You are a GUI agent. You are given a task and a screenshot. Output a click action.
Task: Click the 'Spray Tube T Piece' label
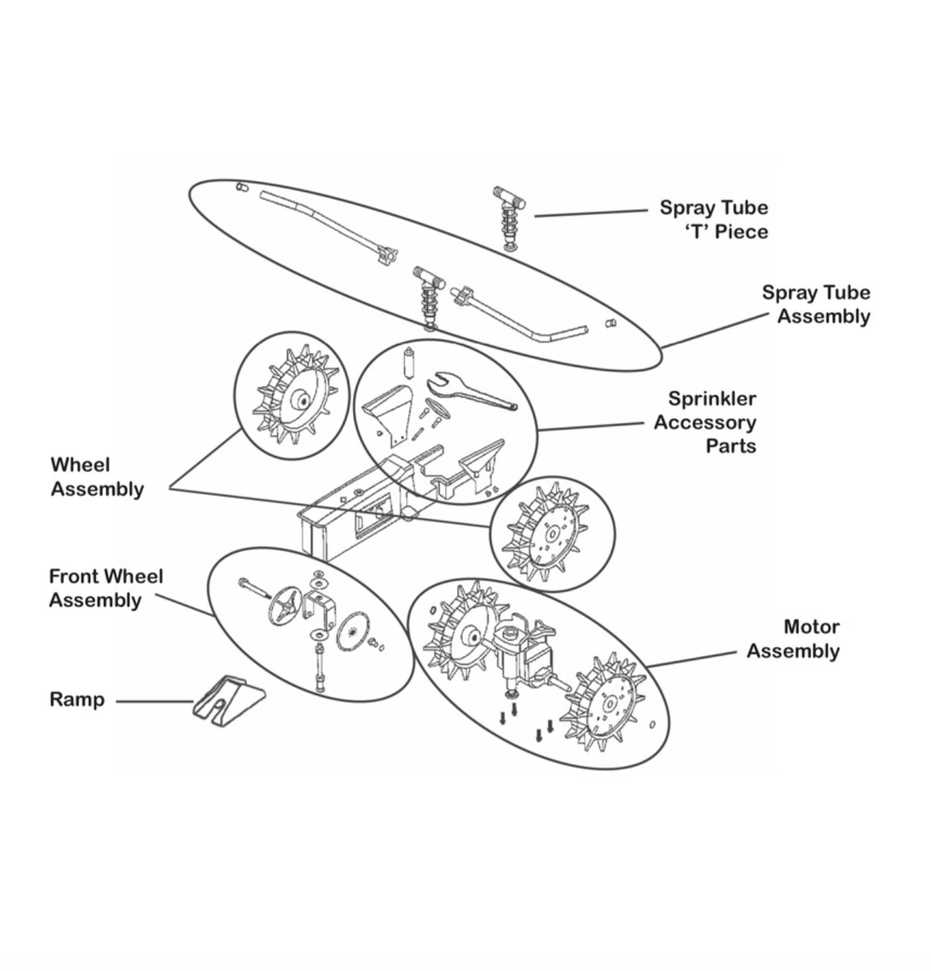[713, 219]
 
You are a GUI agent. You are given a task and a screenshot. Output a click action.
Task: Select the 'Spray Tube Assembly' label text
[816, 304]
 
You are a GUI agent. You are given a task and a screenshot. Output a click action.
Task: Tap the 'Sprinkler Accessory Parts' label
[704, 422]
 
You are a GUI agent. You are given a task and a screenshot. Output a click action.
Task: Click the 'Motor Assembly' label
[792, 638]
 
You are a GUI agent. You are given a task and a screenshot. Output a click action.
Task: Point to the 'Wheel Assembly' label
[97, 477]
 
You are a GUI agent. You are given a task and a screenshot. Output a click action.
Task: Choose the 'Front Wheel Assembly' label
[105, 588]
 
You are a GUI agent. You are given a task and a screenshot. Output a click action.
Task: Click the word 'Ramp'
[77, 700]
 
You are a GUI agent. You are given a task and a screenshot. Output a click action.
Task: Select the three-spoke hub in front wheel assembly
[284, 606]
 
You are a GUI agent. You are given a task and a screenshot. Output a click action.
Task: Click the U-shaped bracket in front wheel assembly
[320, 609]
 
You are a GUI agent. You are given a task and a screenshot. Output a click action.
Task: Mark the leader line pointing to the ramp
[154, 701]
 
